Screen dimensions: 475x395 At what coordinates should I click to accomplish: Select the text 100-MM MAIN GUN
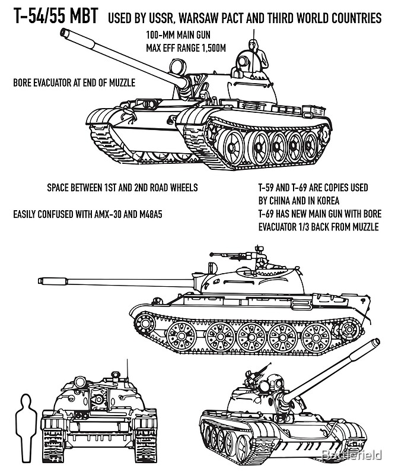click(177, 36)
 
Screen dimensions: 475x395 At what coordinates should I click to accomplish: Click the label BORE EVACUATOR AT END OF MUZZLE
click(74, 83)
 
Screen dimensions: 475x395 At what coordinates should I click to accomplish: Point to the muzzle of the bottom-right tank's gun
click(376, 343)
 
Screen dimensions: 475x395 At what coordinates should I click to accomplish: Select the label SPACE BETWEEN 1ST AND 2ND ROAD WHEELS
click(122, 188)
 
